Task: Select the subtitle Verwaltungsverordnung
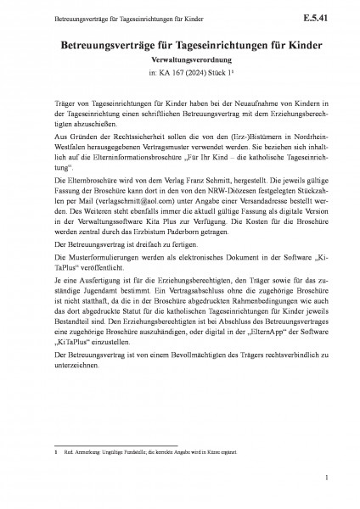coord(179,61)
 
